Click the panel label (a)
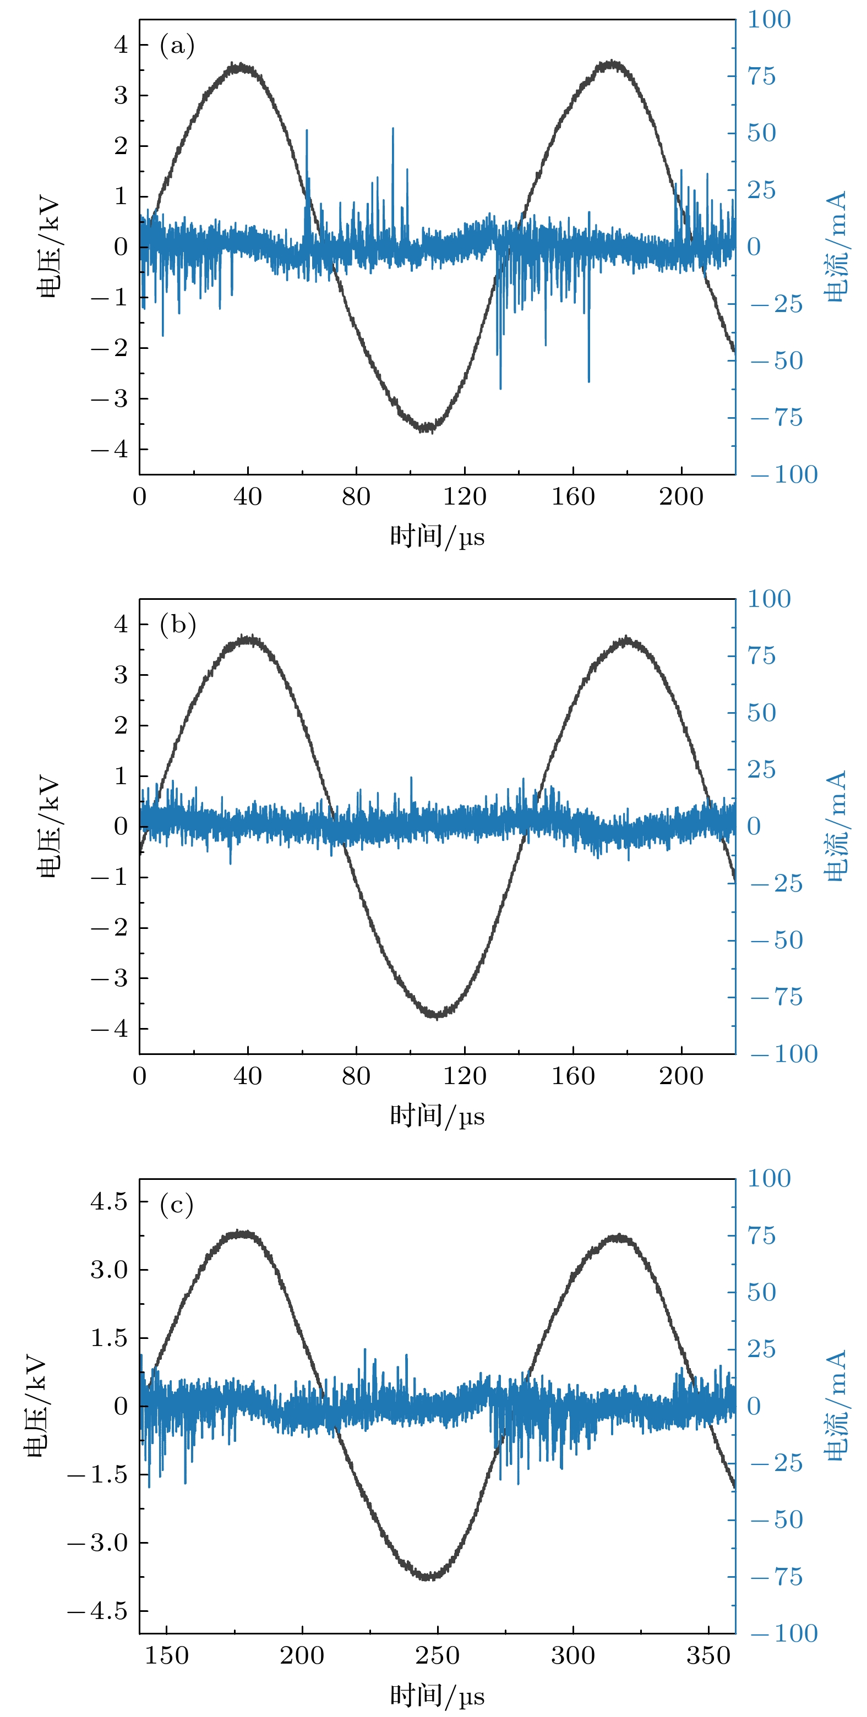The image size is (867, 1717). click(177, 46)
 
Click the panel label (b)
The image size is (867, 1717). click(177, 625)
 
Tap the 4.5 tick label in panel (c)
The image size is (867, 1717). click(108, 1201)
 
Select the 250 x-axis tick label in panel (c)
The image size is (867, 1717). click(438, 1655)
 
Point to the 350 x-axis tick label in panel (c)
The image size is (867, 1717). click(708, 1655)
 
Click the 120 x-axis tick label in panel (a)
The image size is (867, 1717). click(464, 496)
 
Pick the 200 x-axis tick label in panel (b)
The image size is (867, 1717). click(681, 1076)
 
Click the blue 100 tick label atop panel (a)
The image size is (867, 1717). click(768, 19)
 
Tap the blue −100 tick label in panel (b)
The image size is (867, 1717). click(784, 1054)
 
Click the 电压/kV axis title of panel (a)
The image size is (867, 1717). click(48, 247)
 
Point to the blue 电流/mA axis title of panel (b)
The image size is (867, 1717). click(836, 826)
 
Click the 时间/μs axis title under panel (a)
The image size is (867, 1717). click(437, 537)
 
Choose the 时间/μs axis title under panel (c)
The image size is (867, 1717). click(437, 1696)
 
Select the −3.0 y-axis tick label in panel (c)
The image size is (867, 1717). click(97, 1543)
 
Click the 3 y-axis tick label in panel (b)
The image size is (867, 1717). click(121, 675)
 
